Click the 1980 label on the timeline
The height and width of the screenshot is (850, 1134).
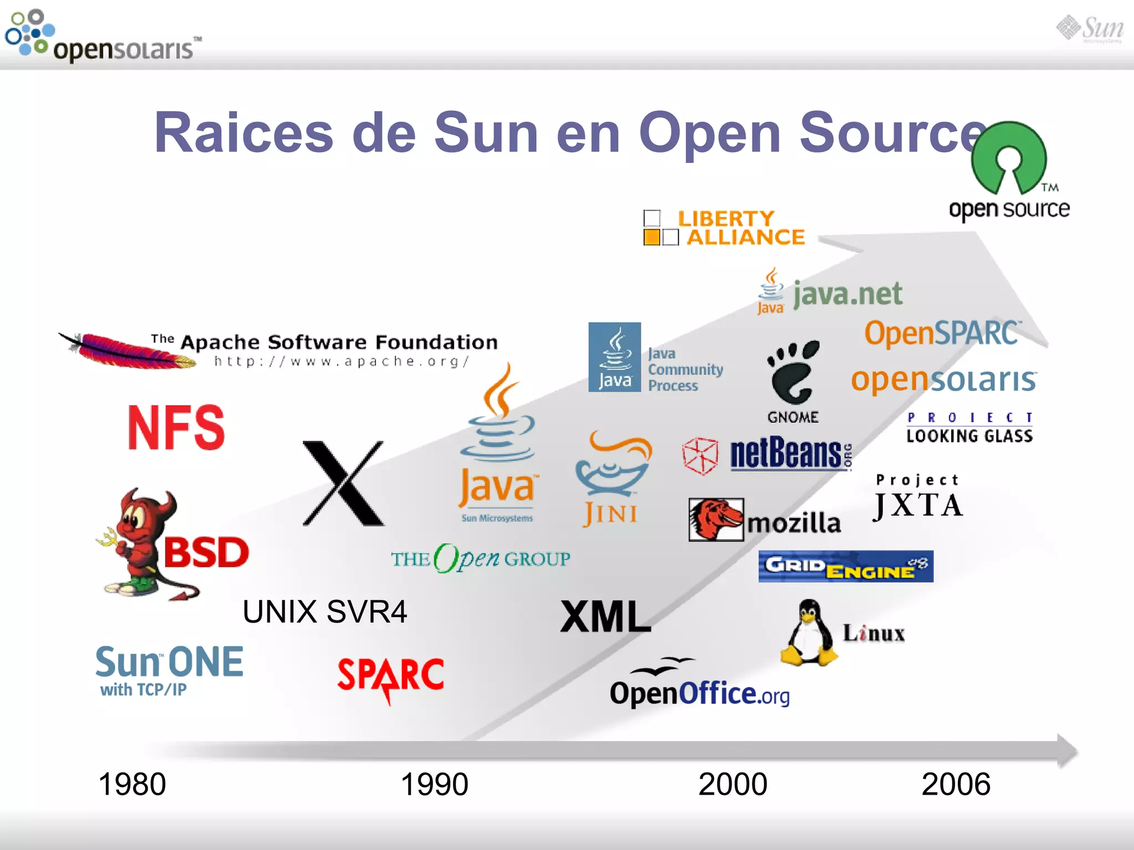[x=132, y=784]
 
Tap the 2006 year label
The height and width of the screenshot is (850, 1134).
[x=956, y=784]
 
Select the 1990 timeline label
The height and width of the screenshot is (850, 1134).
[x=434, y=784]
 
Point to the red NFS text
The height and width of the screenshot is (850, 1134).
[x=176, y=427]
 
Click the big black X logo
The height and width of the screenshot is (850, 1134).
[x=343, y=483]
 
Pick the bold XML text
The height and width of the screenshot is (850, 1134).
[x=606, y=616]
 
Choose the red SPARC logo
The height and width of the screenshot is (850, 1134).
[x=391, y=676]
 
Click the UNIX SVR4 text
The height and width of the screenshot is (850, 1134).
[x=324, y=612]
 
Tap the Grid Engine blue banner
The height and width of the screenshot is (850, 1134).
[x=846, y=566]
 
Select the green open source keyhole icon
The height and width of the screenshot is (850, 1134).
[x=1009, y=158]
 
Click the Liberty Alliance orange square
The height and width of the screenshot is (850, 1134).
[x=652, y=237]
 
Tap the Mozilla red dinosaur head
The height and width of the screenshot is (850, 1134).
[x=715, y=519]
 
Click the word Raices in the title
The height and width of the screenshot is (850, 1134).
[x=244, y=133]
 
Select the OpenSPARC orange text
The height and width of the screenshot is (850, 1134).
[x=941, y=333]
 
